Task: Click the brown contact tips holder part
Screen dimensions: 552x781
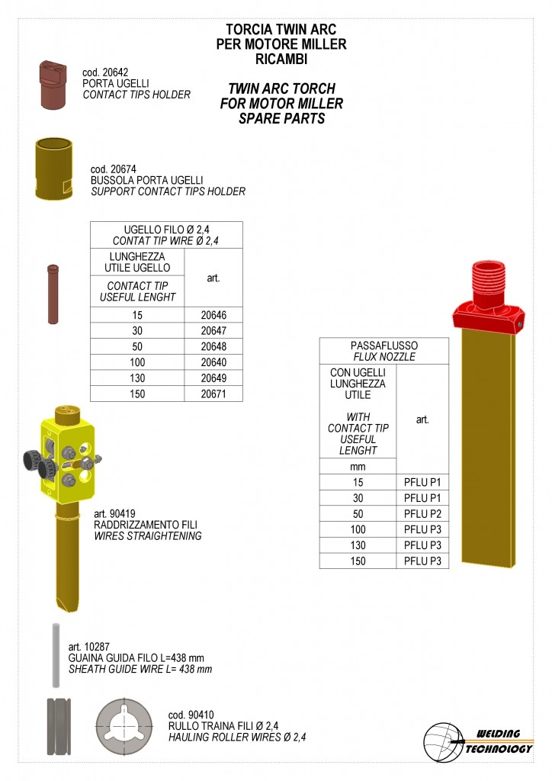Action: pyautogui.click(x=53, y=84)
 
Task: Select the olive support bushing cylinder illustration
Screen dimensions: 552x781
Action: pyautogui.click(x=54, y=169)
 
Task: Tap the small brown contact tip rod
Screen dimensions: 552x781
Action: pyautogui.click(x=53, y=294)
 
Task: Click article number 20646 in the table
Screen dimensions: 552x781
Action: pyautogui.click(x=213, y=315)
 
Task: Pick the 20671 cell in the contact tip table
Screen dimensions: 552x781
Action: pyautogui.click(x=213, y=394)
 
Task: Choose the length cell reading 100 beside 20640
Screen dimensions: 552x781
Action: pyautogui.click(x=137, y=362)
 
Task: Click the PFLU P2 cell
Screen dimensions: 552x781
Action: pyautogui.click(x=422, y=513)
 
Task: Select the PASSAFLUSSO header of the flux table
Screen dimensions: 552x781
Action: pyautogui.click(x=384, y=346)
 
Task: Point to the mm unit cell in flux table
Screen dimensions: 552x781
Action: pyautogui.click(x=358, y=467)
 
